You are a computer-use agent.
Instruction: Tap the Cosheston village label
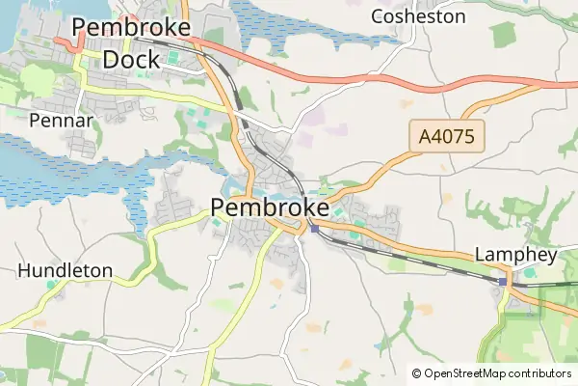point(418,16)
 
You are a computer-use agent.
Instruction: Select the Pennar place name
point(61,121)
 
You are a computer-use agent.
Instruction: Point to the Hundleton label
point(66,271)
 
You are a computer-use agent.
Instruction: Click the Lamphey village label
point(516,256)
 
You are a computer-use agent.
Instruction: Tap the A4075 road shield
point(447,137)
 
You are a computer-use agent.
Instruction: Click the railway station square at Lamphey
point(504,281)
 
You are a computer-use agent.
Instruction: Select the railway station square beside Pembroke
point(314,229)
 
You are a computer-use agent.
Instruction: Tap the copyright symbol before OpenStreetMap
point(416,373)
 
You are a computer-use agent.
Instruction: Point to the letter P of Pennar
point(35,121)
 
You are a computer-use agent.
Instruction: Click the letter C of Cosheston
point(378,16)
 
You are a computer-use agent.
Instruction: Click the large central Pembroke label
point(269,207)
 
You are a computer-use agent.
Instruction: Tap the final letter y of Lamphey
point(552,258)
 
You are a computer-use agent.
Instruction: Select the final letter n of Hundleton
point(107,271)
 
